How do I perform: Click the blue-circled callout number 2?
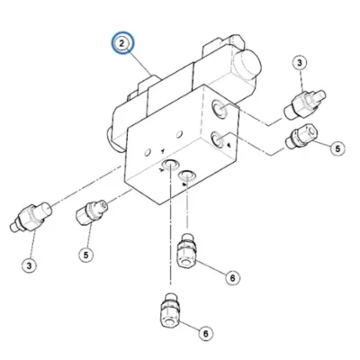tap(122, 43)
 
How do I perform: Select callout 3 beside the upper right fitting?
tap(300, 63)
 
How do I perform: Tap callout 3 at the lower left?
tap(30, 265)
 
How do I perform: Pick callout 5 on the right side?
tap(337, 148)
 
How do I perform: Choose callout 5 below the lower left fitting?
tap(86, 255)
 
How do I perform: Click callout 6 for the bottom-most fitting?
tap(205, 333)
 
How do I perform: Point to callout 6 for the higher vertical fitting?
tap(232, 278)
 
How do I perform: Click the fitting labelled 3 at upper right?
tap(304, 104)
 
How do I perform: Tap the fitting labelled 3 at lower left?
tap(31, 217)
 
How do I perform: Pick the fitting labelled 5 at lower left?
tap(91, 212)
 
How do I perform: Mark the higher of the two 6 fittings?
tap(186, 250)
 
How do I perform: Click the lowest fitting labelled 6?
tap(170, 310)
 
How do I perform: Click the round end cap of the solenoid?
tap(247, 64)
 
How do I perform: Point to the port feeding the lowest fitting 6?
tap(169, 164)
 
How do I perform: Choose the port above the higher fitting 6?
tap(186, 175)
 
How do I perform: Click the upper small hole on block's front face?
tap(180, 134)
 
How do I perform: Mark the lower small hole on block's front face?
tap(147, 152)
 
